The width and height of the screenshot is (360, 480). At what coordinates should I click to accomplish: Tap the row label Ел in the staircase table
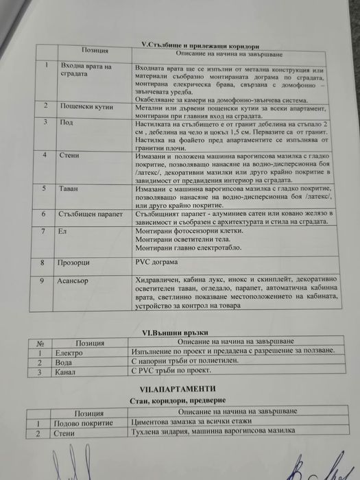point(63,232)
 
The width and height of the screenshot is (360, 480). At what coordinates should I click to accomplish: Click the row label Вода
point(64,362)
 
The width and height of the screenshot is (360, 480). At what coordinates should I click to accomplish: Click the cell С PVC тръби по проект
point(170,372)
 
